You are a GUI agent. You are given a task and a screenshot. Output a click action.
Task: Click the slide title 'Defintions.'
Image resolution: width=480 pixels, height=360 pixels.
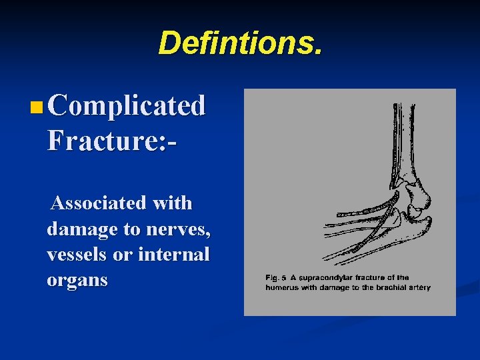[240, 43]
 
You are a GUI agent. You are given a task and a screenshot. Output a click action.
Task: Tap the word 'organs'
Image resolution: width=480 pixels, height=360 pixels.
[77, 280]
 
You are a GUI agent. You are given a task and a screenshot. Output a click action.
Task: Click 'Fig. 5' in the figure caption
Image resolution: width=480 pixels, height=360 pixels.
[276, 277]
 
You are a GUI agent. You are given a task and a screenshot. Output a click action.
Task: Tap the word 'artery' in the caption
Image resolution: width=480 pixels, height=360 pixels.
[417, 288]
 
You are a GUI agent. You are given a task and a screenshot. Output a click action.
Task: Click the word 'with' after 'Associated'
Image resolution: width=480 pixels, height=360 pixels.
[171, 203]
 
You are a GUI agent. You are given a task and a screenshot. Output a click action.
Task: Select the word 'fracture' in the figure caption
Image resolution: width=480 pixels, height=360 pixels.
[375, 277]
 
